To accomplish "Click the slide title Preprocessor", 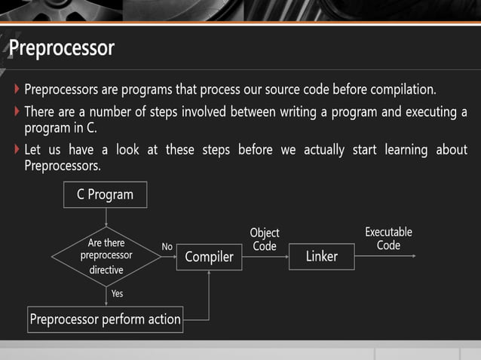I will (62, 49).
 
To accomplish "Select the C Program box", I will (105, 194).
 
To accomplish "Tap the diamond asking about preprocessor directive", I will (106, 256).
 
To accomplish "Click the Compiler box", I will (209, 258).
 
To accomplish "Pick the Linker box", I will (321, 257).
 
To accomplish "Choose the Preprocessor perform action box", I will (105, 319).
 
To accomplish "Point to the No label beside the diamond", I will (167, 246).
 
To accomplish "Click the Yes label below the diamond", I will (117, 293).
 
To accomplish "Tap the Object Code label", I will (265, 239).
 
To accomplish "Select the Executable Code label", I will (388, 239).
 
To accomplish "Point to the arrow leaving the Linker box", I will (384, 256).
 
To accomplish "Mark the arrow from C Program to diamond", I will (106, 218).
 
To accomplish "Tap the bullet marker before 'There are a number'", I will (17, 112).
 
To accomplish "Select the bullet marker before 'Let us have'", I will (17, 150).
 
